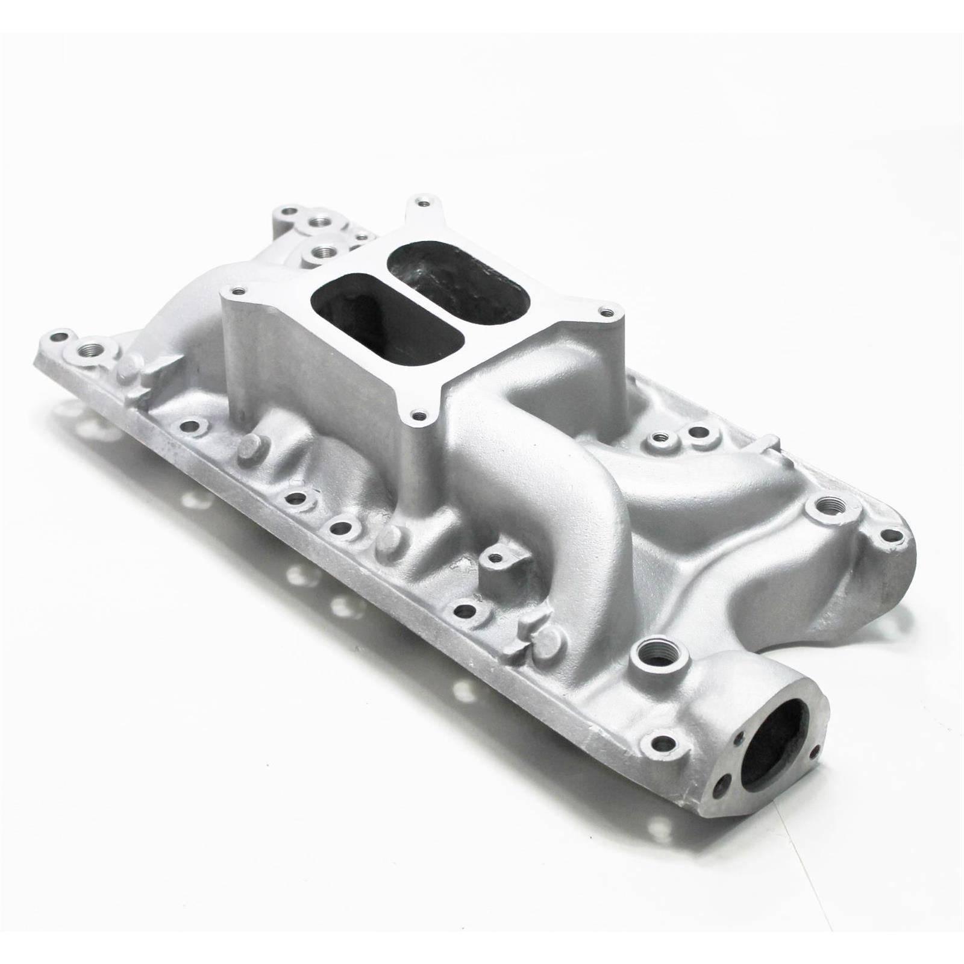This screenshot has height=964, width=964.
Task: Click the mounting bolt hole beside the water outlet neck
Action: (x=663, y=742)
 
